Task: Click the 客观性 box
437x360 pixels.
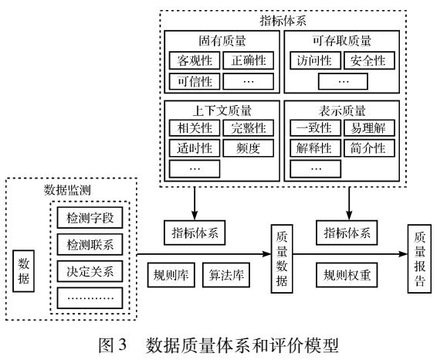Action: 192,60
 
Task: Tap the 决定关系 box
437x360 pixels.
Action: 85,272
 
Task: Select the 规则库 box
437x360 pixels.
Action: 170,273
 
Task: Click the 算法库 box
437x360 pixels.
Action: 226,273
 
